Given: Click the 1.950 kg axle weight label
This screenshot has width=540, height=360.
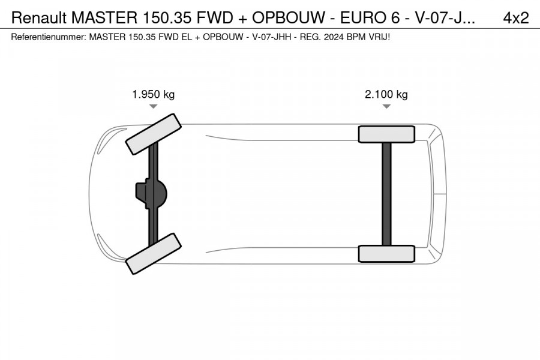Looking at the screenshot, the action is pos(153,94).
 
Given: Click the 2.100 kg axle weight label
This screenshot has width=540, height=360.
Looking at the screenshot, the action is pos(386,94).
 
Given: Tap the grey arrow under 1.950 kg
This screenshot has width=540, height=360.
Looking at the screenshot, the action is pos(153,106).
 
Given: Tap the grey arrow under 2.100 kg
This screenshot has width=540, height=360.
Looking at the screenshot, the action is pos(386,106).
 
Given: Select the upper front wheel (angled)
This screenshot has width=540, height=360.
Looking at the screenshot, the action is pos(153,134).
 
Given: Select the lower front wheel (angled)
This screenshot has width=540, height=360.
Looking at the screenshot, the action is pos(153,254).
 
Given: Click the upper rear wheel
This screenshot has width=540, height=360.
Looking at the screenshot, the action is pos(386,134).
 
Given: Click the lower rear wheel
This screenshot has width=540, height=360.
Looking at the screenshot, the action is pos(386,254).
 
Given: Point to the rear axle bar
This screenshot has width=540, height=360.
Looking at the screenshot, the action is pos(387,194).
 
